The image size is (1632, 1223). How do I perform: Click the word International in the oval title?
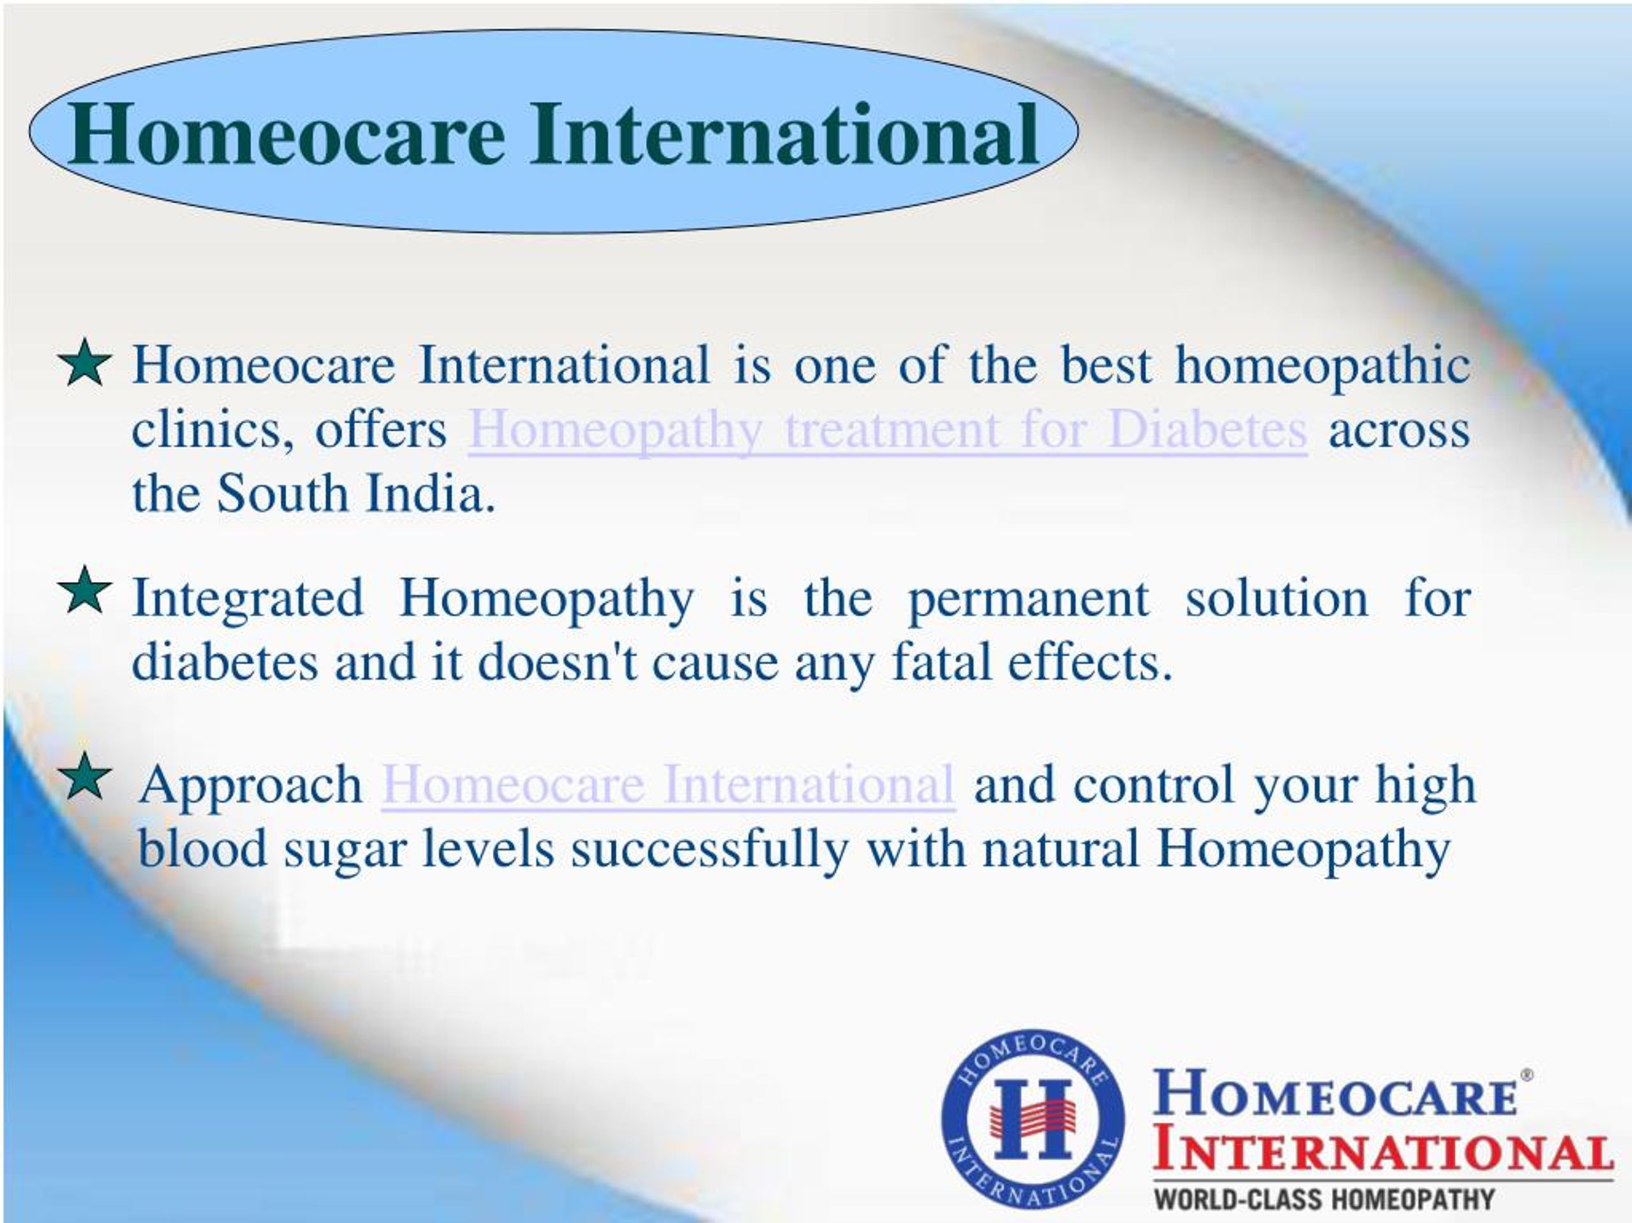click(783, 134)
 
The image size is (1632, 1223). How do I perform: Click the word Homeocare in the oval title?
click(286, 134)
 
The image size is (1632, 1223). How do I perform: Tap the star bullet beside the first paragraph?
click(85, 363)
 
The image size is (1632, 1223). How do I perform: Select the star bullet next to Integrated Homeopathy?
click(85, 591)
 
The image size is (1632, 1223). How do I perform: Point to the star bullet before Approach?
click(85, 777)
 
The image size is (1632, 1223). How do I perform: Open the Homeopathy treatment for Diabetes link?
click(887, 430)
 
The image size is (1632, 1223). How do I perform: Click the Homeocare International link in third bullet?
click(667, 785)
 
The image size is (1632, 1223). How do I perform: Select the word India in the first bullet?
click(430, 493)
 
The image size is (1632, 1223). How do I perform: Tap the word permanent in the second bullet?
click(1028, 600)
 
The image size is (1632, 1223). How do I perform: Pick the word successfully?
click(710, 850)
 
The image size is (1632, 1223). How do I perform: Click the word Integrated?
click(248, 600)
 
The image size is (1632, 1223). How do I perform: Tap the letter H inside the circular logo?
click(1032, 1120)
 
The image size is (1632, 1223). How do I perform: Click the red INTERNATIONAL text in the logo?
click(1381, 1153)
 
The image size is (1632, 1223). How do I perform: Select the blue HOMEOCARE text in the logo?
click(1334, 1094)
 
